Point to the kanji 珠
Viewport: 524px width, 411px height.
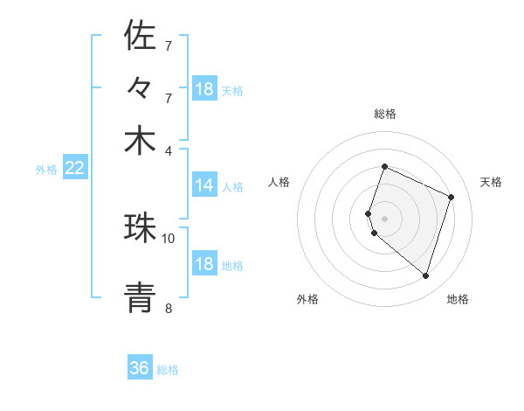(140, 227)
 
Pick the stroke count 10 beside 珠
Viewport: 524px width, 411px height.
(169, 238)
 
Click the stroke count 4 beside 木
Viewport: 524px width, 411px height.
(169, 150)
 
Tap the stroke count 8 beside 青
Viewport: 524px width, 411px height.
(169, 308)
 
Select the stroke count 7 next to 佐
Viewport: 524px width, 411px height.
(169, 45)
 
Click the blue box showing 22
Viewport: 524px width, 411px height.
(74, 168)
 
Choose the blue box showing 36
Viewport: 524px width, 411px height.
(140, 368)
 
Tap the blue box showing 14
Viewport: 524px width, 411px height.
(204, 185)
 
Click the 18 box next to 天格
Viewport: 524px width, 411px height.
(204, 89)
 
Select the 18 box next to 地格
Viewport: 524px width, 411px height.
(204, 264)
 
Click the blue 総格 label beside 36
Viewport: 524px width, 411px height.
(168, 370)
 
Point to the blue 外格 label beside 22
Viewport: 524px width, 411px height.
(45, 170)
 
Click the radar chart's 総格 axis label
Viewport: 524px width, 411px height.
(384, 114)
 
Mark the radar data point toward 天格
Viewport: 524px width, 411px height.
(452, 197)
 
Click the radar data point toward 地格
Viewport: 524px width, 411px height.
(425, 276)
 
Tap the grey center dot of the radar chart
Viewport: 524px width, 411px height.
(384, 217)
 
